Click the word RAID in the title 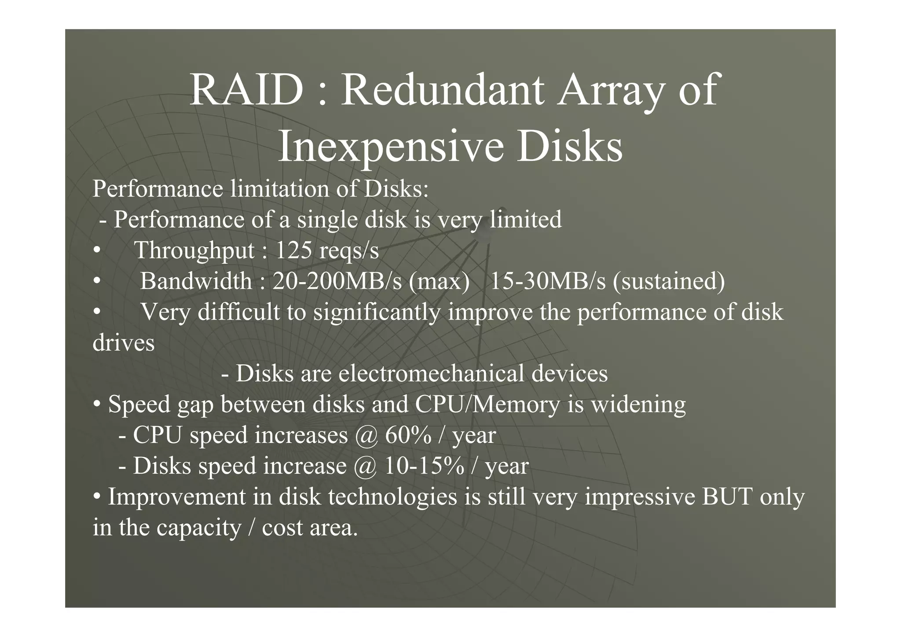pos(246,91)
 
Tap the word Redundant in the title pos(443,91)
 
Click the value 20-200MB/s pos(337,281)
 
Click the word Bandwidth pos(196,281)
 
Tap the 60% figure pos(408,435)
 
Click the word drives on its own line pos(124,343)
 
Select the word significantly pos(377,313)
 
